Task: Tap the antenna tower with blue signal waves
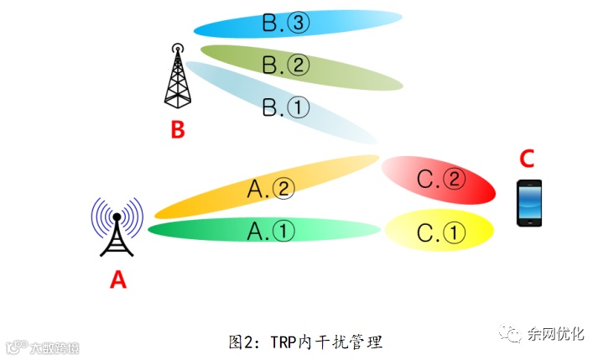click(x=117, y=227)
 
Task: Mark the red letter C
click(x=527, y=158)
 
